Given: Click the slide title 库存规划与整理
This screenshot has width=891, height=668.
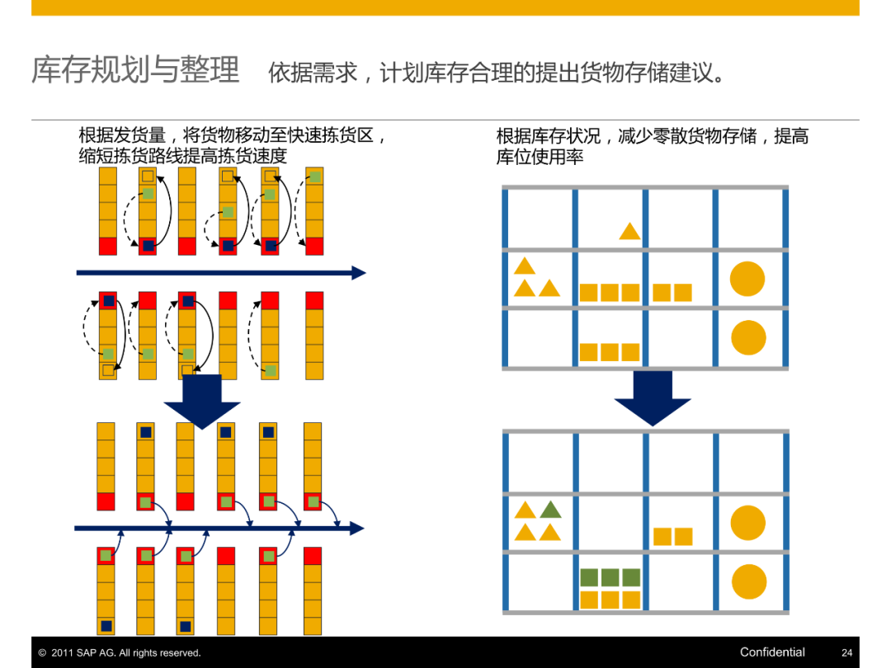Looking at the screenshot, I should (135, 70).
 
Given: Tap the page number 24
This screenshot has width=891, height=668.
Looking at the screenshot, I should (846, 652).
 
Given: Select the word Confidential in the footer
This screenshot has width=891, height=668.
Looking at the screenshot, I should (772, 652).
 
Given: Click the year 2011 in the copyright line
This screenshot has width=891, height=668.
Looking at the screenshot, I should (62, 653).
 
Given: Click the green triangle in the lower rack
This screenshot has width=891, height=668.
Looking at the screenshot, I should (550, 510).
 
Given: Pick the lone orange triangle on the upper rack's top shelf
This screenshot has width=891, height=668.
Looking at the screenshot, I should (629, 232).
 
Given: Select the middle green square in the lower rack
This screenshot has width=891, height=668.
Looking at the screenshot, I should (610, 577).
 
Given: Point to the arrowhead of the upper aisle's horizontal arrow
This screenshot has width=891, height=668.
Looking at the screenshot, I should (359, 273).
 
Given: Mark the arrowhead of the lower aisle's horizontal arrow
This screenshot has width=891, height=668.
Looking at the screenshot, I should (356, 528).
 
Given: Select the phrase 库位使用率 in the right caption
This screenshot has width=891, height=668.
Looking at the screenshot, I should (540, 157).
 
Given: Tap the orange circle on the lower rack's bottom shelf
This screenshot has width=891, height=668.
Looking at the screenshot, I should (748, 581).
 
